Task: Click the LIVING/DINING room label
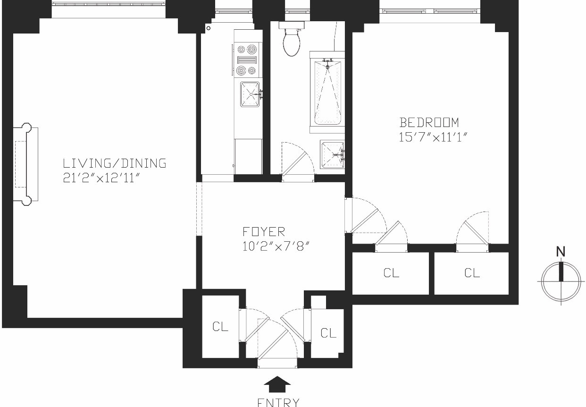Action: coord(115,164)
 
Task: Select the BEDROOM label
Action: coord(429,123)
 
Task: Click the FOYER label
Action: coord(264,232)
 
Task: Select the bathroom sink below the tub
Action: coord(333,154)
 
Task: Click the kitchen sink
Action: coord(250,94)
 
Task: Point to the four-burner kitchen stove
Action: coord(247,59)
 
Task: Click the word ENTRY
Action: coord(278,402)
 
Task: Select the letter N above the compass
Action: coord(561,252)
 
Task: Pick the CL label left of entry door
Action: coord(220,327)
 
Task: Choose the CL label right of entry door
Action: coord(328,333)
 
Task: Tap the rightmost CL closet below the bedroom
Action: coord(472,272)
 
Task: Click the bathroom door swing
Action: coord(297,161)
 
